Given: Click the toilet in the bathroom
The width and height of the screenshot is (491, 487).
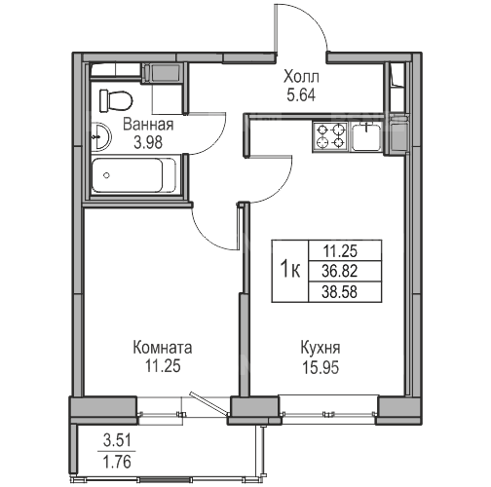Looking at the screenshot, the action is click(116, 100).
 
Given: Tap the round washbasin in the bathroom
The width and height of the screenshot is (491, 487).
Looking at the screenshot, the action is click(101, 137).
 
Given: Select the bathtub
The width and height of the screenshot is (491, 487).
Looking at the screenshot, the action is click(134, 175).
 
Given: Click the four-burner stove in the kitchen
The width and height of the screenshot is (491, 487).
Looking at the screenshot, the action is click(330, 136).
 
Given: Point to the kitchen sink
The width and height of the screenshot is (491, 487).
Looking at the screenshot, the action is click(366, 136).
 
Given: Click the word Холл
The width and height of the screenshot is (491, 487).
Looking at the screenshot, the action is click(301, 77).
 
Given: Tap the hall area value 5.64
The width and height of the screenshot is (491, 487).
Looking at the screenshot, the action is click(301, 95).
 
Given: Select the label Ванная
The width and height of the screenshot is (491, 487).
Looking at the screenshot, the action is click(148, 125).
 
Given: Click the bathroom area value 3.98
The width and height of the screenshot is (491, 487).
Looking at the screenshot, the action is click(148, 142).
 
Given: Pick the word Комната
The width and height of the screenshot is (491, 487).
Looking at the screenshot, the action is click(163, 348).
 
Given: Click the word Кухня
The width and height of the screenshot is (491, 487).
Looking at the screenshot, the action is click(321, 348).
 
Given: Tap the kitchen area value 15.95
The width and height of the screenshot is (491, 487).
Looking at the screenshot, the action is click(321, 367).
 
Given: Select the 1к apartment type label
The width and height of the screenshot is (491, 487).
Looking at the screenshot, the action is click(290, 271).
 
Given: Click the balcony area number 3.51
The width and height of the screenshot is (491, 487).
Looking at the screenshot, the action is click(117, 440).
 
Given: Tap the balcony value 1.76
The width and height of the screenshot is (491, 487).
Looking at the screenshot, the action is click(117, 462).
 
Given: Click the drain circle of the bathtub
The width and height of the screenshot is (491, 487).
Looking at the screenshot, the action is click(106, 175).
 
